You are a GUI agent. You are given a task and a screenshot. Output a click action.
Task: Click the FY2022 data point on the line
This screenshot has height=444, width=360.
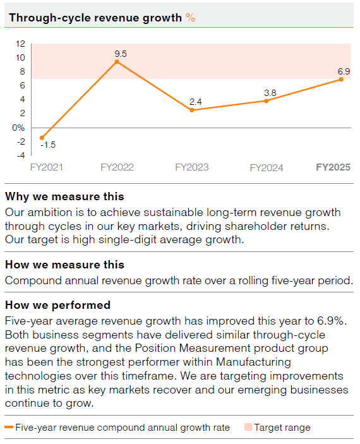[117, 61]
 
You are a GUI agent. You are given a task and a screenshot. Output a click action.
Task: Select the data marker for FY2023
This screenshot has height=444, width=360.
[192, 111]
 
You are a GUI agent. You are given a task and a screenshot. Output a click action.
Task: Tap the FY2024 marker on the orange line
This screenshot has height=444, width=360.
[267, 100]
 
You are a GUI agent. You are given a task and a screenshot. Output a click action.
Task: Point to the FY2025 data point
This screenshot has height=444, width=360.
[341, 79]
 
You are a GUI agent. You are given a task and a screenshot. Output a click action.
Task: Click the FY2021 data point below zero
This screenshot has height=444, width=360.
[42, 138]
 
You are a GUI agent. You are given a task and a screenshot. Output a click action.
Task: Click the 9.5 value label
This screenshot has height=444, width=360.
[121, 54]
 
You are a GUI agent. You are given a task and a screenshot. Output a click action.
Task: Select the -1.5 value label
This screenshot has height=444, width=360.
[48, 145]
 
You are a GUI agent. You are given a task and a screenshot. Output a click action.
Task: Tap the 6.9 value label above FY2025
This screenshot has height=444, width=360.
[344, 71]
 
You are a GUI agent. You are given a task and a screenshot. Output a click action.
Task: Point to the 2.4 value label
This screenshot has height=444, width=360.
[195, 102]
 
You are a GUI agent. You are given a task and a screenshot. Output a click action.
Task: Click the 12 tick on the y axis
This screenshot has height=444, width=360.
[20, 44]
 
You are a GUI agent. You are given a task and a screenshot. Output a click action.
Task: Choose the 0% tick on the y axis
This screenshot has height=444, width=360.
[19, 127]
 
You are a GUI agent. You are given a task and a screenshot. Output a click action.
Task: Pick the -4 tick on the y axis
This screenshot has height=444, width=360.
[20, 155]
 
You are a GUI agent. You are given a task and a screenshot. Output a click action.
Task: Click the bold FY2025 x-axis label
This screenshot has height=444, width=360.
[333, 168]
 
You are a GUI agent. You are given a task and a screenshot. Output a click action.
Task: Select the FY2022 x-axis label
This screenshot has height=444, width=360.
[117, 168]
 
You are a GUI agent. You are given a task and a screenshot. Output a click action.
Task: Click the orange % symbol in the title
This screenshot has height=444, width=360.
[190, 18]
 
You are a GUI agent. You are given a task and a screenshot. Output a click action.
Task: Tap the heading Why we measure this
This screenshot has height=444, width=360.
[64, 197]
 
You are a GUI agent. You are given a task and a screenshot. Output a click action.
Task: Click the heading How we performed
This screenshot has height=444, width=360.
[57, 305]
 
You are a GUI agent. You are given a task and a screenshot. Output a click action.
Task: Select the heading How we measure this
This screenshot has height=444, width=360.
[64, 265]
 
